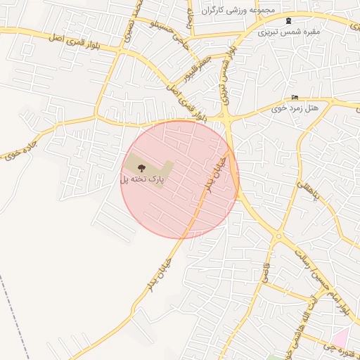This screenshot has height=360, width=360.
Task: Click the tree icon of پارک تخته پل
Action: point(141,167)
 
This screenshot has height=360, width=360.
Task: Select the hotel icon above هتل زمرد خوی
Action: point(294,97)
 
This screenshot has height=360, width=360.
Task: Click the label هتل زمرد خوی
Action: point(295,109)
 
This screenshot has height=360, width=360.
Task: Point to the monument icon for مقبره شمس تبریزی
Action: point(288,20)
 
